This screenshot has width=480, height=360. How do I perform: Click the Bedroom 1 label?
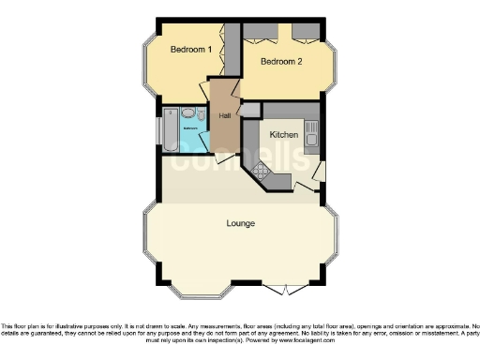[x=190, y=49]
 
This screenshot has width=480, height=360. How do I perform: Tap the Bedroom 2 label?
[x=280, y=63]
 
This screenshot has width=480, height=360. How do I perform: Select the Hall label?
[x=225, y=115]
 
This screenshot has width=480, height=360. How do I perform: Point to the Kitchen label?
[x=284, y=135]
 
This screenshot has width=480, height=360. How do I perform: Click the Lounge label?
[x=241, y=223]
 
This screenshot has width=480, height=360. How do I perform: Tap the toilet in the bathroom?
[x=201, y=112]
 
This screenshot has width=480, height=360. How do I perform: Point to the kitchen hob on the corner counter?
[x=260, y=172]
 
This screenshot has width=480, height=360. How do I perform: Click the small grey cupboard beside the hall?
[x=250, y=111]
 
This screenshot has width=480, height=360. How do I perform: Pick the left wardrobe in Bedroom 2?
[x=260, y=32]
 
